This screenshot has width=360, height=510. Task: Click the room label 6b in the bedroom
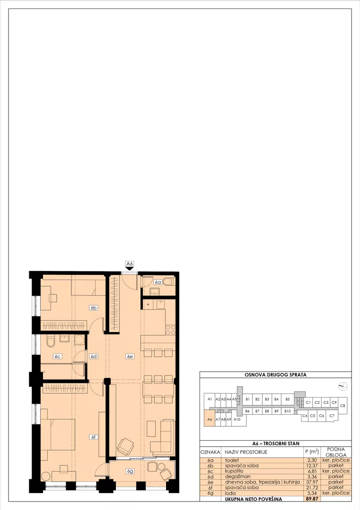click(x=93, y=308)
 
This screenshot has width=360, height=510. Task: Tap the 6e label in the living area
click(x=130, y=357)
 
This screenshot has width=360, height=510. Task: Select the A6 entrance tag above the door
click(x=130, y=264)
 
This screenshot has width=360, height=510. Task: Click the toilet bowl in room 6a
click(x=169, y=281)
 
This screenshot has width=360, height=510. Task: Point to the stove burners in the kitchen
click(x=170, y=330)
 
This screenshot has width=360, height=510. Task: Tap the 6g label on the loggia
click(x=130, y=471)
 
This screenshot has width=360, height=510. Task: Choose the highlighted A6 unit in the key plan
click(x=209, y=419)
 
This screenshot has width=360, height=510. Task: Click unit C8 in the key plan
click(x=343, y=406)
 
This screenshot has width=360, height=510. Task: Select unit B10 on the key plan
click(x=287, y=411)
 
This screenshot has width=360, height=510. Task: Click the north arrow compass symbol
click(x=343, y=386)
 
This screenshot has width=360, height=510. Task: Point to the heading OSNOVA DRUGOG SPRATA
click(x=276, y=374)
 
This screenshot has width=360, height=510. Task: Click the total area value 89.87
click(x=311, y=499)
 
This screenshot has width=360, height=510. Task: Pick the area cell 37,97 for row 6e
click(x=311, y=482)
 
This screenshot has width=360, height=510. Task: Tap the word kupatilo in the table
click(x=234, y=471)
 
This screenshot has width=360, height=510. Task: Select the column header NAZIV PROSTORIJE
click(x=246, y=452)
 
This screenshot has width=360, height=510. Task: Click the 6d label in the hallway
click(x=93, y=357)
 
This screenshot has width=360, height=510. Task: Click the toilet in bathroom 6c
click(x=50, y=341)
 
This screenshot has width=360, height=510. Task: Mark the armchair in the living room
click(x=126, y=446)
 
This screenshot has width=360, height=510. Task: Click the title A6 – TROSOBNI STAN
click(x=276, y=443)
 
